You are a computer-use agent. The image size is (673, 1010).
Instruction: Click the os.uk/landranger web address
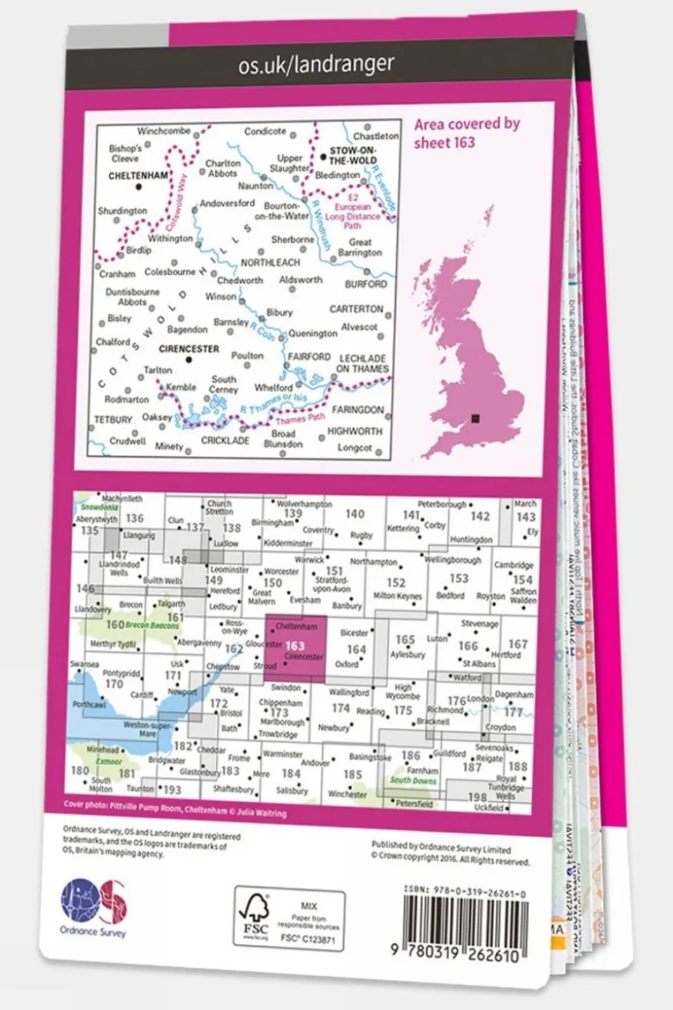pos(316,65)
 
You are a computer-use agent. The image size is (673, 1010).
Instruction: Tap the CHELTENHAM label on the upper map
pos(138,175)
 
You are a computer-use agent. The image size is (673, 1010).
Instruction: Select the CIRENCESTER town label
pos(189,349)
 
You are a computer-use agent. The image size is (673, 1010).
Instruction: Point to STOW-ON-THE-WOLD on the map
pos(353,155)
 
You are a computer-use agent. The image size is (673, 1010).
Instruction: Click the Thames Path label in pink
pos(300,419)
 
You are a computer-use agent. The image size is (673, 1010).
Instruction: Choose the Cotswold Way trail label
pos(176,204)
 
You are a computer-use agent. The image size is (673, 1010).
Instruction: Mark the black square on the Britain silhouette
pos(476,418)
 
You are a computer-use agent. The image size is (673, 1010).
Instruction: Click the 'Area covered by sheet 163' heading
pos(467,133)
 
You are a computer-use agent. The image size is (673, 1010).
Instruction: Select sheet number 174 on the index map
pos(340,708)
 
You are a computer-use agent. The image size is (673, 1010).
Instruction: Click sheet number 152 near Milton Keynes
pos(396,583)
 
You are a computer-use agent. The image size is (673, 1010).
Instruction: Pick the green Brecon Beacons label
pos(152,625)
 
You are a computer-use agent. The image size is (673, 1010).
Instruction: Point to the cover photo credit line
pos(175,809)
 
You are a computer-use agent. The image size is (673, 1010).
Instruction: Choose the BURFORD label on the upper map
pos(366,284)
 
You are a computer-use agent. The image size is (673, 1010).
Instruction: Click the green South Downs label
pos(413,780)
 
